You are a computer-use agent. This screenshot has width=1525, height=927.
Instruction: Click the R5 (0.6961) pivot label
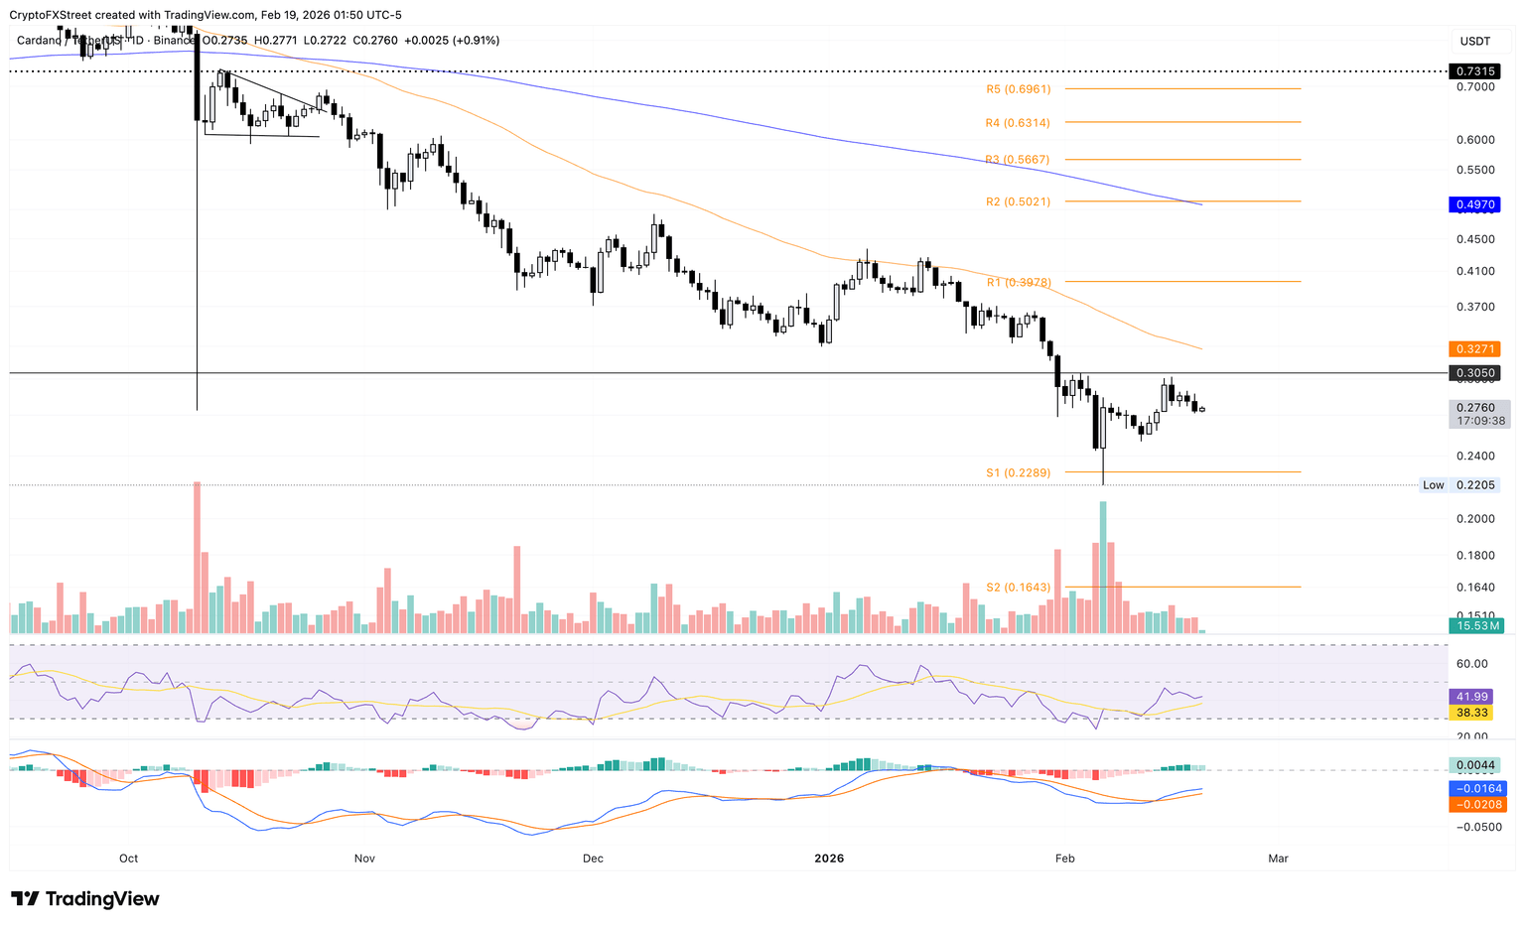tap(1018, 89)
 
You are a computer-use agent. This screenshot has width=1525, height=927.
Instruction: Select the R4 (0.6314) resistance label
tap(1018, 123)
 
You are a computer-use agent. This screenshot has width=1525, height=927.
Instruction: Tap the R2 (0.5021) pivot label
tap(1018, 201)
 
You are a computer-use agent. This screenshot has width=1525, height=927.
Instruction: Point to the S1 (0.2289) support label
tap(1018, 473)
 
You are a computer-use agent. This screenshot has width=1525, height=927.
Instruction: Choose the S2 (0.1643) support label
tap(1018, 588)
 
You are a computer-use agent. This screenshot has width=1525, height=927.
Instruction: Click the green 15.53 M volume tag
tap(1476, 626)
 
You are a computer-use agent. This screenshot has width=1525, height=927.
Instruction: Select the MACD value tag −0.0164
tap(1478, 789)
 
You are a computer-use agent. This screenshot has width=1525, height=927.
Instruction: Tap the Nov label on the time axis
tap(363, 859)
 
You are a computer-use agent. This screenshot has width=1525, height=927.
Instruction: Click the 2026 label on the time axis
tap(829, 859)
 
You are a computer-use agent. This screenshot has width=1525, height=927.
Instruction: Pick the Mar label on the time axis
tap(1278, 859)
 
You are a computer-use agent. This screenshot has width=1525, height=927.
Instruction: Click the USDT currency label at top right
tap(1474, 41)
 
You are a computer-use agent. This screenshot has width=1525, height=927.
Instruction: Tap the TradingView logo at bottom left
tap(85, 899)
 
